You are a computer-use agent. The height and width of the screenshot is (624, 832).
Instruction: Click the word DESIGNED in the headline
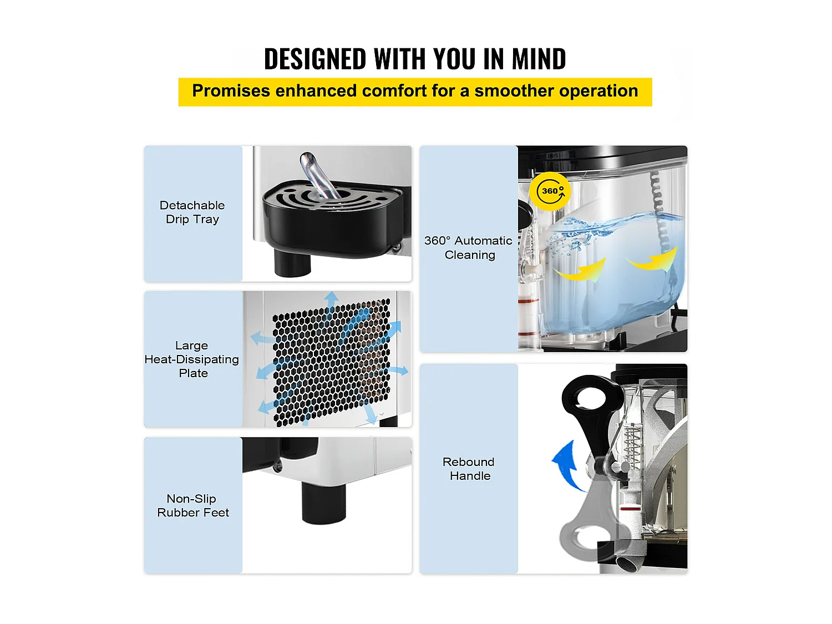tap(314, 59)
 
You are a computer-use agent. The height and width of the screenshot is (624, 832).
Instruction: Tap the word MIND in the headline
tap(539, 59)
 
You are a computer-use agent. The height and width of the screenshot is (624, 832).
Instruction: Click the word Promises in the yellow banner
tap(231, 91)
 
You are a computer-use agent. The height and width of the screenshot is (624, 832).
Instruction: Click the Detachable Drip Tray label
tap(192, 212)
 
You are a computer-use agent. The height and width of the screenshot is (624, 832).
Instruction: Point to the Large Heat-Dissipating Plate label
tap(192, 359)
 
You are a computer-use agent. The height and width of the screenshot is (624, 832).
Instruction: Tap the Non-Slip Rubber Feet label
tap(192, 505)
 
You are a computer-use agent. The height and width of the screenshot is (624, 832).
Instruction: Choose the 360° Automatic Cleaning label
tap(469, 247)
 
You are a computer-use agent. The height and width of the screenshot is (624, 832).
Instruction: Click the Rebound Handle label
tap(469, 469)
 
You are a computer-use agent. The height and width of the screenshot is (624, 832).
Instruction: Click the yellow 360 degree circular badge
tap(550, 191)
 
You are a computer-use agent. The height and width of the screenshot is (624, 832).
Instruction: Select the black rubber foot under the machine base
tap(324, 502)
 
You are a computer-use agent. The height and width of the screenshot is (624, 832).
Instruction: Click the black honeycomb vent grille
tap(331, 363)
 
